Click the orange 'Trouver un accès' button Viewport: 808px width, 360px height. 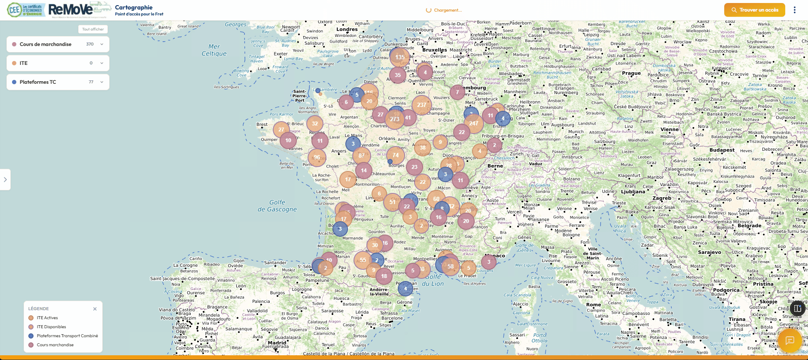[754, 10]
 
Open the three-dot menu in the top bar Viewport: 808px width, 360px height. [795, 10]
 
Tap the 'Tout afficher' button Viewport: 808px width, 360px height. [93, 29]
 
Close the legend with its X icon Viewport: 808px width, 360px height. [95, 309]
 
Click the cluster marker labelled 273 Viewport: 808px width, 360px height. [395, 119]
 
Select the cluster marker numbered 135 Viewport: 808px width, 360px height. [400, 57]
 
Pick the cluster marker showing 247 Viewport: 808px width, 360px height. [473, 123]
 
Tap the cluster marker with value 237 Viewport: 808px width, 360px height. [422, 105]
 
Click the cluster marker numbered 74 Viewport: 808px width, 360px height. [396, 155]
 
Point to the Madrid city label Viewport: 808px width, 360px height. [277, 342]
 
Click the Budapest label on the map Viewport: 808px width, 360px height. [722, 150]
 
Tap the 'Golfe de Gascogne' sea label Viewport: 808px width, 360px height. [277, 206]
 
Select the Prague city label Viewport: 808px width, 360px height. [631, 73]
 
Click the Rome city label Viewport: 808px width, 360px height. [594, 305]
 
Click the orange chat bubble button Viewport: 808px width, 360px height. [790, 340]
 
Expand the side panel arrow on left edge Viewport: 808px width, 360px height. [5, 180]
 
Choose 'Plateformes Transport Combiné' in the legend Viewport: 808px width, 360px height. [67, 336]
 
